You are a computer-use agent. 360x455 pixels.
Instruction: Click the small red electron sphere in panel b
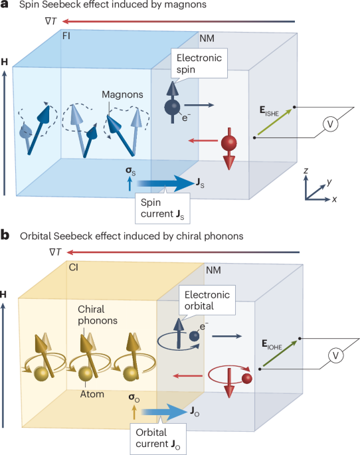(x=247, y=379)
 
